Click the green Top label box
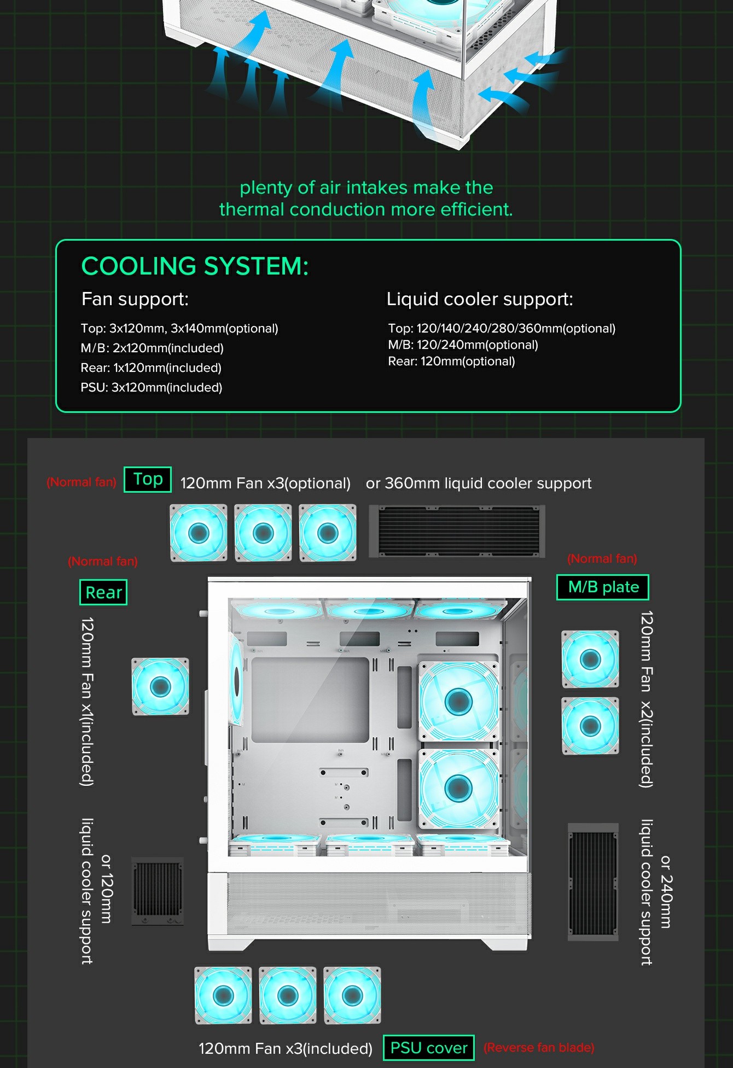[148, 480]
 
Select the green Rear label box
[103, 592]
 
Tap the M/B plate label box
[603, 587]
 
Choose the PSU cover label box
[429, 1048]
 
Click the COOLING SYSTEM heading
[195, 266]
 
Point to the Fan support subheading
[135, 299]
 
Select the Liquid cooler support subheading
[480, 299]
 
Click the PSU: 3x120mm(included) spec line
[152, 388]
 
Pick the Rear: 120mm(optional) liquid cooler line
[451, 361]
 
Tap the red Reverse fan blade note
[539, 1048]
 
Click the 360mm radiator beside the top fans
[457, 532]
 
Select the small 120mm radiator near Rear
[158, 891]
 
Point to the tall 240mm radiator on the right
[593, 882]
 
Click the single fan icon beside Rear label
[160, 686]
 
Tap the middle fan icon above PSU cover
[288, 995]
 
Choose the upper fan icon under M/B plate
[590, 659]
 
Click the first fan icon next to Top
[199, 533]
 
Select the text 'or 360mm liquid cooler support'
[479, 483]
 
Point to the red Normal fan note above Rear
[103, 562]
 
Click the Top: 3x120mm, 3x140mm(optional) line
[179, 329]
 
